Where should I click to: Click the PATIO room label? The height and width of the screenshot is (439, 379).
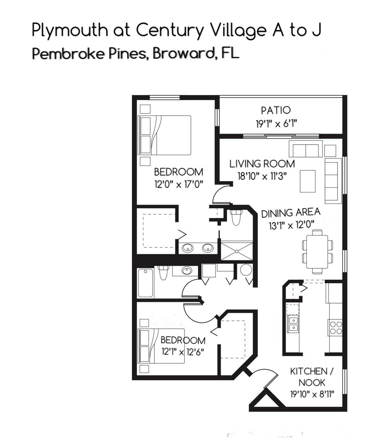click(276, 110)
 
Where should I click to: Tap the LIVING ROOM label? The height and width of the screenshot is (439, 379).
click(262, 164)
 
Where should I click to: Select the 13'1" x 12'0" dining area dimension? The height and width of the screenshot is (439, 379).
click(291, 225)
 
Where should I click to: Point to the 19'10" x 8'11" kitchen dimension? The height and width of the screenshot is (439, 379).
click(312, 394)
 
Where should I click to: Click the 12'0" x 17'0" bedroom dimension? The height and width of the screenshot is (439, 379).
click(178, 184)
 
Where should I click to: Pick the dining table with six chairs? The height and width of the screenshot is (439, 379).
click(317, 251)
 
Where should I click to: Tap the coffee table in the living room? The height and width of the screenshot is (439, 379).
click(308, 181)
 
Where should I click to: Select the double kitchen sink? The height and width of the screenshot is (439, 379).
click(293, 323)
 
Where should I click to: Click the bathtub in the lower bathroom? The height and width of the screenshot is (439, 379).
click(146, 283)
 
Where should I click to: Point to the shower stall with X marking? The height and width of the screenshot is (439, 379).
click(237, 251)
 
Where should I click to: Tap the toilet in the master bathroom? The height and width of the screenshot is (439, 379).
click(236, 217)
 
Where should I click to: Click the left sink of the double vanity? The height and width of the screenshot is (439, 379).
click(188, 248)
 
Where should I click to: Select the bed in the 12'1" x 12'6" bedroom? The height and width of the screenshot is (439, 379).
click(161, 346)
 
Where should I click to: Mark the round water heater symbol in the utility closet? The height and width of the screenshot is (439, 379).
click(246, 270)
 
